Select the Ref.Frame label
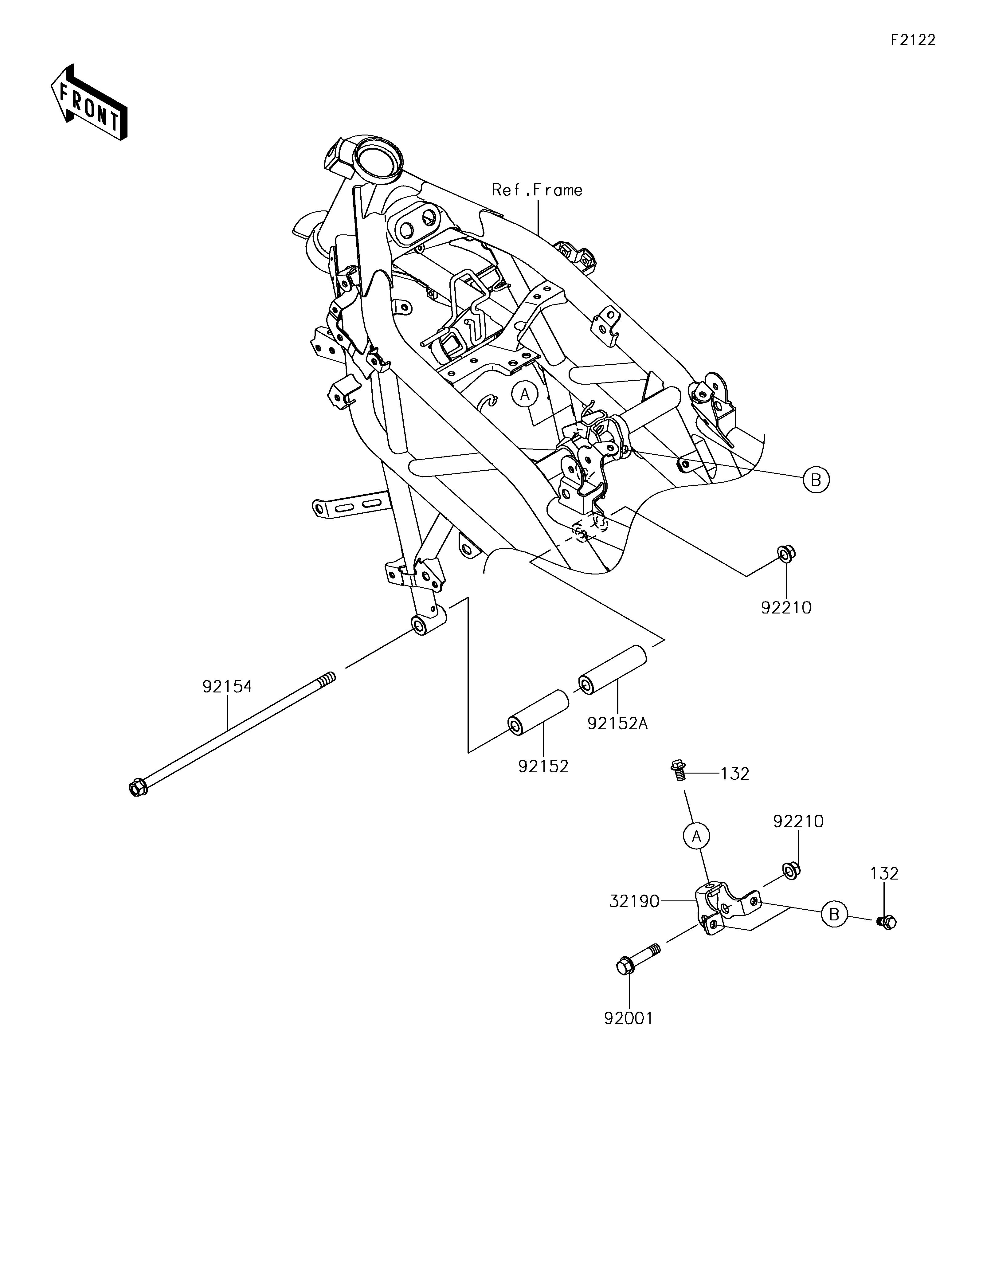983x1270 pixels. click(x=537, y=190)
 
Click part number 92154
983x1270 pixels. click(x=227, y=687)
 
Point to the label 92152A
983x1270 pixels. click(x=617, y=723)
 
